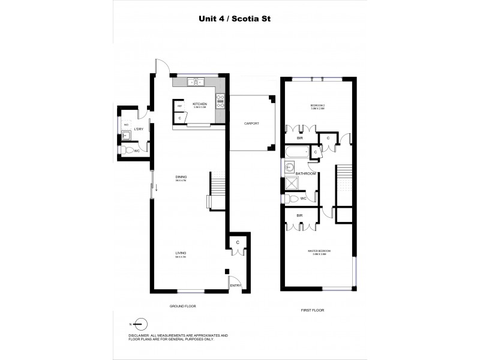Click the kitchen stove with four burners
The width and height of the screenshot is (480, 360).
pyautogui.click(x=220, y=101)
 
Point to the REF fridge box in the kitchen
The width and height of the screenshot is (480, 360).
pyautogui.click(x=179, y=106)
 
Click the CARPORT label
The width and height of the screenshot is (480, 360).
pyautogui.click(x=251, y=123)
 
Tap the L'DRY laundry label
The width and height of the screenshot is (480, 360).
pyautogui.click(x=138, y=128)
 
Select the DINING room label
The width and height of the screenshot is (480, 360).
pyautogui.click(x=181, y=176)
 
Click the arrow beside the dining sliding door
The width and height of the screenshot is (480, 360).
pyautogui.click(x=157, y=190)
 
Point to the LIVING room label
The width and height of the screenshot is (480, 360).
pyautogui.click(x=181, y=254)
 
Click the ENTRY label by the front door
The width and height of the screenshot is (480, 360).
pyautogui.click(x=235, y=286)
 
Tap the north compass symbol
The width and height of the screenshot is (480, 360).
pyautogui.click(x=139, y=323)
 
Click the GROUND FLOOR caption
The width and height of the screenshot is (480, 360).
pyautogui.click(x=183, y=306)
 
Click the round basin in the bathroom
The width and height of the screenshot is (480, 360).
pyautogui.click(x=290, y=167)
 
